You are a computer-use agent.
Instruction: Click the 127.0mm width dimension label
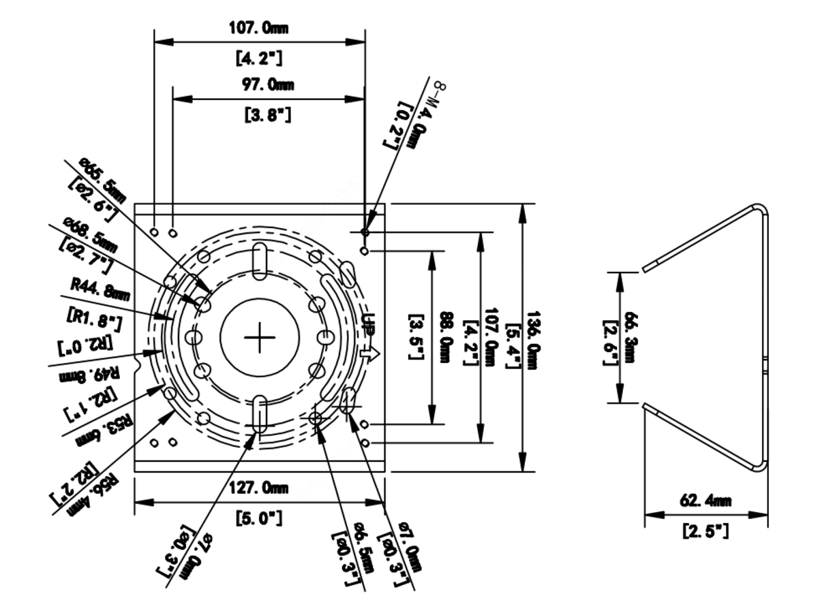click(258, 488)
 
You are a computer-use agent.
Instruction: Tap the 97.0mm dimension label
click(268, 85)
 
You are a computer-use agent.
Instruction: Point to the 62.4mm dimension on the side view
click(706, 501)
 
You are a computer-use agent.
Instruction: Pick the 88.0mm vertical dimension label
click(446, 337)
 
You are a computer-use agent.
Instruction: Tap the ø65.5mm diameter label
click(102, 180)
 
